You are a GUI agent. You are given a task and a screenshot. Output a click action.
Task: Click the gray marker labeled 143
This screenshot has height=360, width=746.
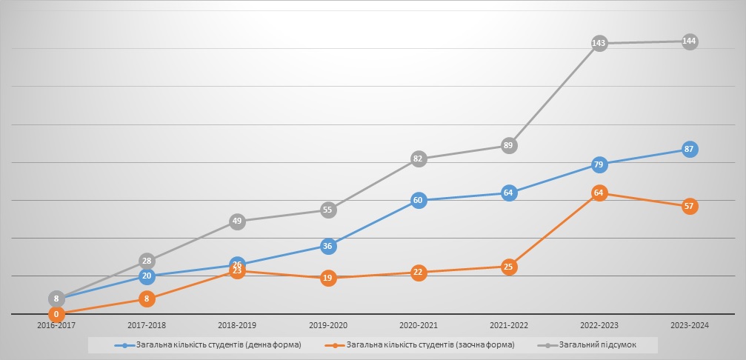(599, 44)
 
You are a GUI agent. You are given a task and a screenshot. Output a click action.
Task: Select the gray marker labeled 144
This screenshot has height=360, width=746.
(690, 41)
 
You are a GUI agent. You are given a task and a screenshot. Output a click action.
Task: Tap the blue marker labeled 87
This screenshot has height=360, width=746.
(690, 149)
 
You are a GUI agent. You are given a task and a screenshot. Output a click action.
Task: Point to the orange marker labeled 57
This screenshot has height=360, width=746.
(690, 206)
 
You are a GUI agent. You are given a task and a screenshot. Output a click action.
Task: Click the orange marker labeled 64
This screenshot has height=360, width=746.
(599, 193)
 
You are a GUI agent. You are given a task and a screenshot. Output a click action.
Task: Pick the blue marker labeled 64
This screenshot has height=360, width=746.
(508, 193)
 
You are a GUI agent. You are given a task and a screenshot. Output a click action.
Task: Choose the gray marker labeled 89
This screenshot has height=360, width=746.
(508, 145)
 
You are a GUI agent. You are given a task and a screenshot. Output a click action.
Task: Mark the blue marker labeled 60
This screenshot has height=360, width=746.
(419, 200)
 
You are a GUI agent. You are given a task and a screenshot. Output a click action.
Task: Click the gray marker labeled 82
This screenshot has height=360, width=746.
(419, 158)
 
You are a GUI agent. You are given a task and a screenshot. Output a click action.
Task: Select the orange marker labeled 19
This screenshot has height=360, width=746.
(328, 279)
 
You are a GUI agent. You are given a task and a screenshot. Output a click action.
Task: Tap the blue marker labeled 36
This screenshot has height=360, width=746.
(328, 246)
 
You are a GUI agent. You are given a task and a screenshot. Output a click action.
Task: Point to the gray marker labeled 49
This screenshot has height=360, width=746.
(237, 221)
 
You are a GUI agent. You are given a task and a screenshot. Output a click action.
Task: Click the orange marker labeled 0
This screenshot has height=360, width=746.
(56, 314)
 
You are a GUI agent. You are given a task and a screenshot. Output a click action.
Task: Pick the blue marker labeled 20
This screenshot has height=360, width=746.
(147, 276)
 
